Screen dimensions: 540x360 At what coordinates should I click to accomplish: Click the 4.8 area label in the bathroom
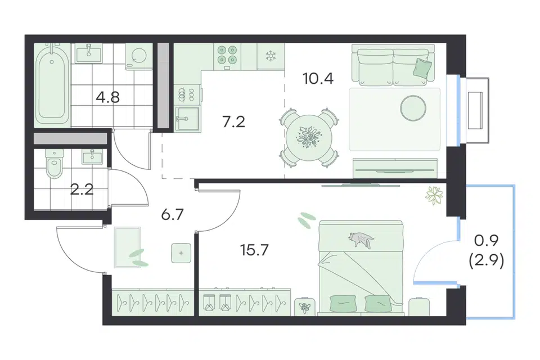[108, 97]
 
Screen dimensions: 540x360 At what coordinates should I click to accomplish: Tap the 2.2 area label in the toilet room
[82, 190]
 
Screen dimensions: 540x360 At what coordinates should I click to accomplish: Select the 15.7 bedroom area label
[254, 250]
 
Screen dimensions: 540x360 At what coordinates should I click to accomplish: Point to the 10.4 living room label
[318, 79]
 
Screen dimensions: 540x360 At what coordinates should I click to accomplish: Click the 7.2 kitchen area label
[234, 122]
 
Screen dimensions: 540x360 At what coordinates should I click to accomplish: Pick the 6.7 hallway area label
[173, 215]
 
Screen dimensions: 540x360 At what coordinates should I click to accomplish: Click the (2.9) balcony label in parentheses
[487, 261]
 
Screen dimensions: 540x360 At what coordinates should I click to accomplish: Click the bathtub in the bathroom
[52, 85]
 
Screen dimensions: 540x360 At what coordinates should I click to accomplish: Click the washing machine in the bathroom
[139, 56]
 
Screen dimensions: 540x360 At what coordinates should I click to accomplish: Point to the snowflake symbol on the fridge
[271, 56]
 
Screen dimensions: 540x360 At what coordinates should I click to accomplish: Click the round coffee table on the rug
[413, 107]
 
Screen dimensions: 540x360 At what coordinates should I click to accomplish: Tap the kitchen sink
[187, 119]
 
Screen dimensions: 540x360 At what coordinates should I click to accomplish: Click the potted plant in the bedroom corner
[434, 195]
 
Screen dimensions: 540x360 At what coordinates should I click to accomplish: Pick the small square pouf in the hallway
[181, 253]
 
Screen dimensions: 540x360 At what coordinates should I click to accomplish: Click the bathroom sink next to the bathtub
[89, 54]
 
